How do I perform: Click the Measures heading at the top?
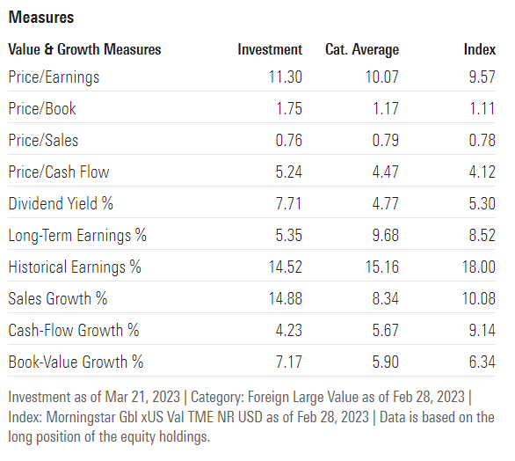[40, 17]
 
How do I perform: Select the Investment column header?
[270, 49]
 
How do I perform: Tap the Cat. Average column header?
[362, 49]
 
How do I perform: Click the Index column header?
[479, 49]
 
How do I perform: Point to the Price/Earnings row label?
[54, 77]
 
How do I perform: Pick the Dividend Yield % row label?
[61, 204]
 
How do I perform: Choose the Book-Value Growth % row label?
[76, 362]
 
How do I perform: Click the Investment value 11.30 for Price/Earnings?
[285, 77]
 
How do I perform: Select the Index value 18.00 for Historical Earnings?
[478, 267]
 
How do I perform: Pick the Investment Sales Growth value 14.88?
[285, 298]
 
